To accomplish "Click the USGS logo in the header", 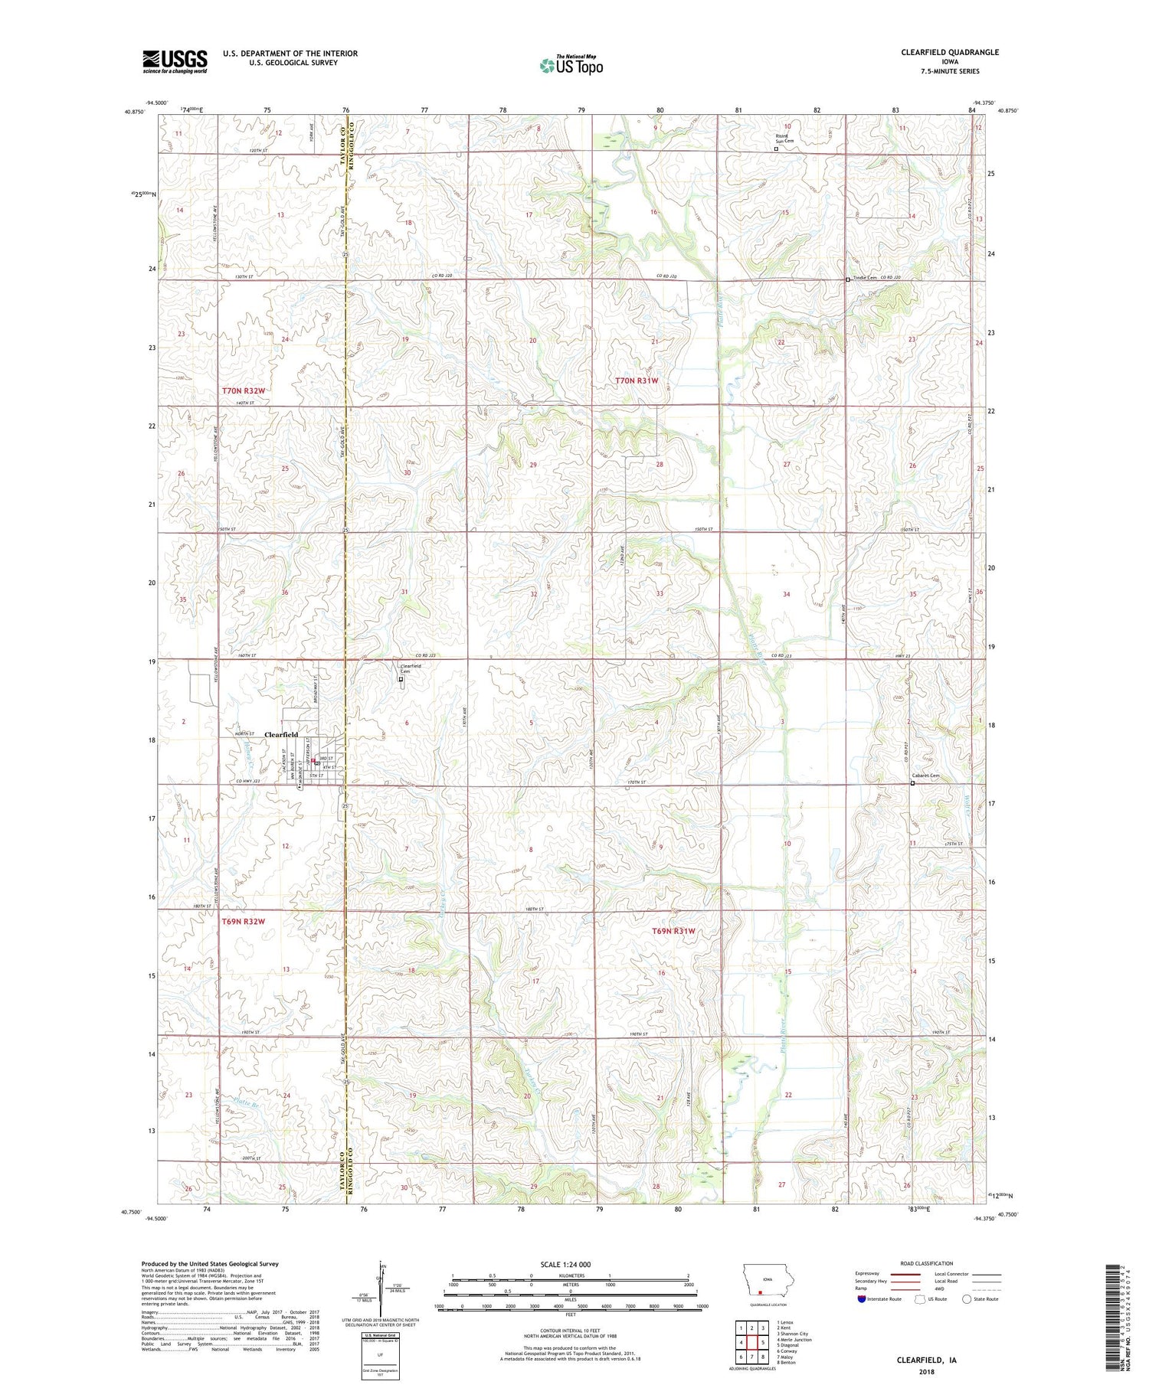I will [175, 61].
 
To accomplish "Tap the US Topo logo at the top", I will [571, 65].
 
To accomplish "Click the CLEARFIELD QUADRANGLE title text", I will [949, 52].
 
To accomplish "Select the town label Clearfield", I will [280, 735].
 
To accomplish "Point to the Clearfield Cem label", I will [411, 668].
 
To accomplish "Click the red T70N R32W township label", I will [244, 391].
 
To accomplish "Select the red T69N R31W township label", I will [673, 931].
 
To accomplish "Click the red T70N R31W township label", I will [637, 380].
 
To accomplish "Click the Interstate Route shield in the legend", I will [862, 1298].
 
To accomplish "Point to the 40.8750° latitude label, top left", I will [133, 111].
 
